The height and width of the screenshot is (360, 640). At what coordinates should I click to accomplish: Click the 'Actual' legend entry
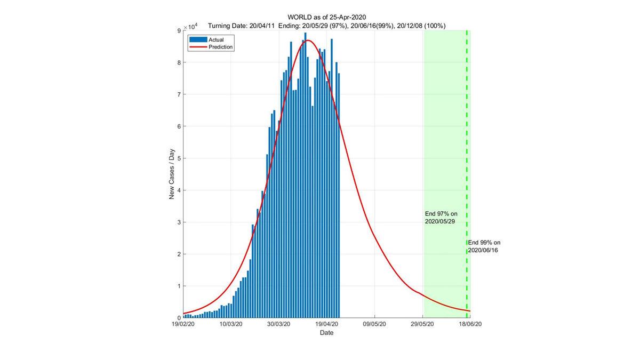[x=217, y=39]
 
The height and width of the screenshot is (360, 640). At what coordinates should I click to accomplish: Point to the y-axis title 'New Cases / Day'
[x=172, y=174]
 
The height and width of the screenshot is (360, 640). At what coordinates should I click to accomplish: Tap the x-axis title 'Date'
[x=326, y=333]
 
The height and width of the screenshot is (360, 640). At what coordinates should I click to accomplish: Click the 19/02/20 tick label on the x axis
[x=184, y=324]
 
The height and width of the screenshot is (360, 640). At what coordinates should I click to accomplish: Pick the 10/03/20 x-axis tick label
[x=231, y=324]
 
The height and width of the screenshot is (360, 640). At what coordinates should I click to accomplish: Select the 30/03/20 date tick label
[x=279, y=324]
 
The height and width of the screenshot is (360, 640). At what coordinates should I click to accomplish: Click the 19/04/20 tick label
[x=327, y=324]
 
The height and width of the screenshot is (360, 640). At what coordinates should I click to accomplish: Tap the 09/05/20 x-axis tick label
[x=375, y=324]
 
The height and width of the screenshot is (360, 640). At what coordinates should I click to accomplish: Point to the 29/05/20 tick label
[x=422, y=324]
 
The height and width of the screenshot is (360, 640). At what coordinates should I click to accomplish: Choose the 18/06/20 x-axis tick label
[x=470, y=324]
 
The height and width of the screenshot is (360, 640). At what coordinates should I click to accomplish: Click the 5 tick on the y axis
[x=179, y=158]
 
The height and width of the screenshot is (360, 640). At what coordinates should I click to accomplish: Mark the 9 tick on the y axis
[x=179, y=31]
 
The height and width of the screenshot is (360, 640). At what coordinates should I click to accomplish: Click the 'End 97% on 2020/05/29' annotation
[x=441, y=217]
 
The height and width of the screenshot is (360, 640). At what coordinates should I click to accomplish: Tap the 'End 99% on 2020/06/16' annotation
[x=483, y=246]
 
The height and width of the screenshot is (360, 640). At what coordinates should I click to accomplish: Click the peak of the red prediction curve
[x=308, y=40]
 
